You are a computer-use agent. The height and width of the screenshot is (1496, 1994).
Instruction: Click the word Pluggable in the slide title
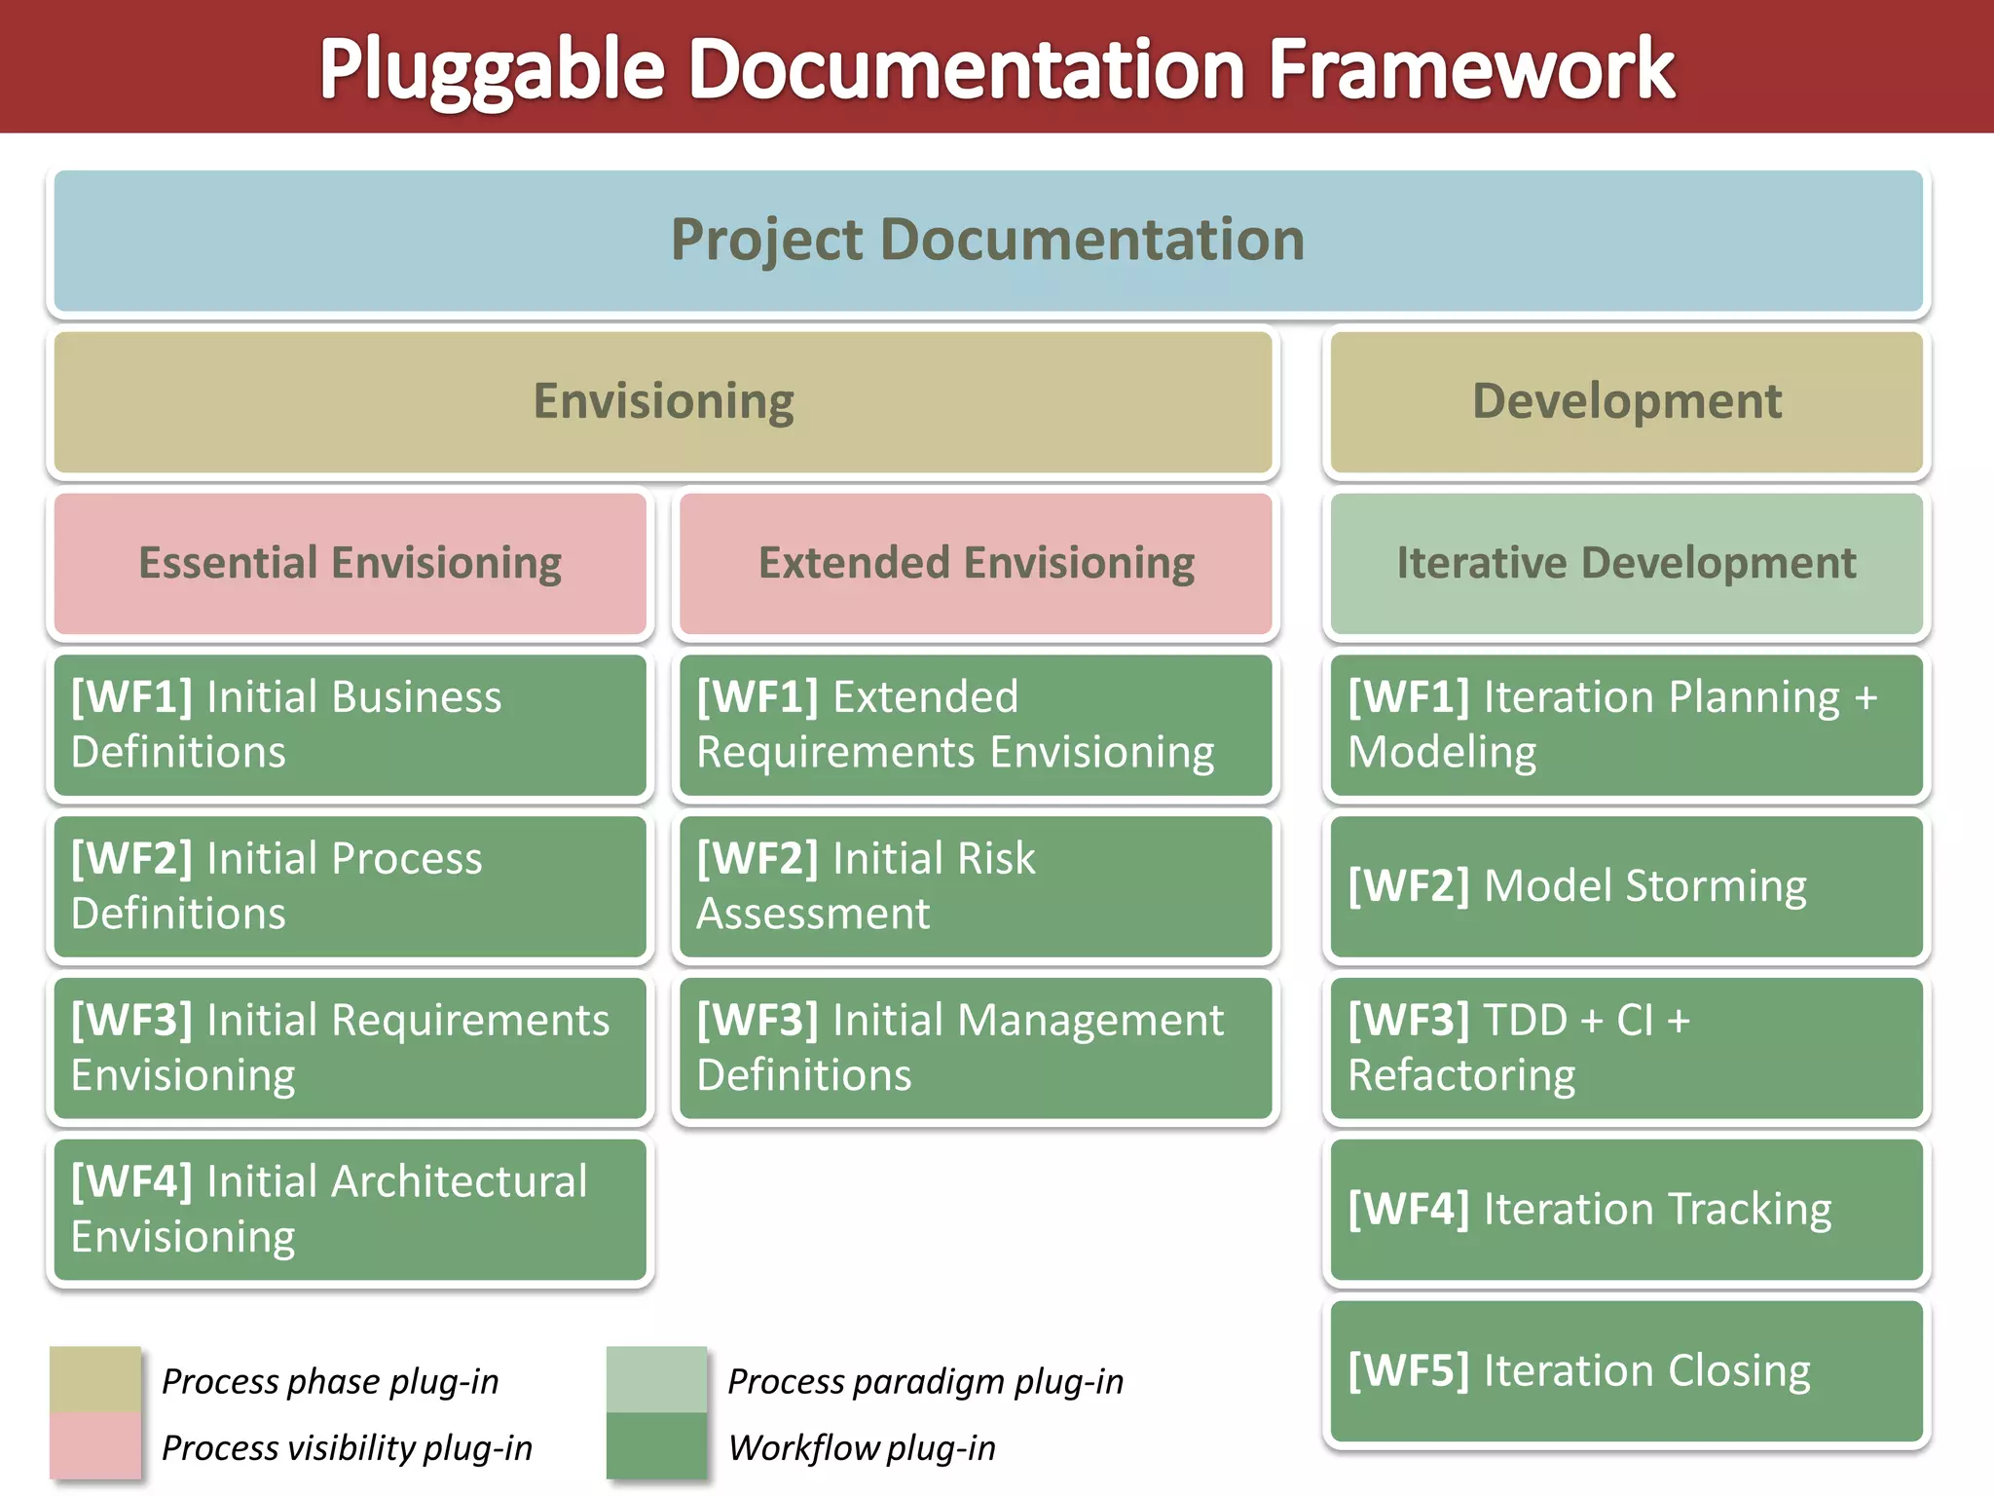(x=492, y=70)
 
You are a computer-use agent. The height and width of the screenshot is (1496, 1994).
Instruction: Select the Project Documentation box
(x=987, y=241)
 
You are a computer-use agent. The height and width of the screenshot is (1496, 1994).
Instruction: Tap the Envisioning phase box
(x=663, y=402)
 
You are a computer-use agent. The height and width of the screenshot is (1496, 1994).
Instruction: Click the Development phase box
(x=1626, y=402)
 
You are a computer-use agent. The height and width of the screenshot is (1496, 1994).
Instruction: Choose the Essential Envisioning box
(x=351, y=564)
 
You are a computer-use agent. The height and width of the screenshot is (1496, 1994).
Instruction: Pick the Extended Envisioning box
(x=976, y=564)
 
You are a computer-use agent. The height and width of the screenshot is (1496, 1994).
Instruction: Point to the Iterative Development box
(x=1626, y=564)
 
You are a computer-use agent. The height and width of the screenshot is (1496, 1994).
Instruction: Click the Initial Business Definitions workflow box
(x=351, y=725)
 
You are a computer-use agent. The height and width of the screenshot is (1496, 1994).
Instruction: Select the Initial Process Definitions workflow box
(x=351, y=886)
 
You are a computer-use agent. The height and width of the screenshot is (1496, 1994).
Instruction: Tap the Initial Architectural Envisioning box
(x=351, y=1210)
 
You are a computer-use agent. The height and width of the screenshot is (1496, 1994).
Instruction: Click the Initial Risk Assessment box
(x=976, y=886)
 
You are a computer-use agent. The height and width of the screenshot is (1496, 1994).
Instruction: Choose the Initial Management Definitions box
(x=976, y=1048)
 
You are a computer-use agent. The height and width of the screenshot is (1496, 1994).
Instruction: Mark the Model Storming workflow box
(x=1626, y=886)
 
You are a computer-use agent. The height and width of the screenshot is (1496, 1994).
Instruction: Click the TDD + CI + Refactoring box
(x=1626, y=1048)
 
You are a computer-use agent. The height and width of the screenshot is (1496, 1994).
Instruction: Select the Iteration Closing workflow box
(x=1626, y=1371)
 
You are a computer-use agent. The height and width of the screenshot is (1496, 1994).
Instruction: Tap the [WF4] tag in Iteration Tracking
(x=1409, y=1210)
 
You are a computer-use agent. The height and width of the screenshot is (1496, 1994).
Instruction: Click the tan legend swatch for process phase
(x=95, y=1379)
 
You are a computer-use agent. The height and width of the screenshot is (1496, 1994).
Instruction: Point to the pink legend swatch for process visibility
(x=95, y=1446)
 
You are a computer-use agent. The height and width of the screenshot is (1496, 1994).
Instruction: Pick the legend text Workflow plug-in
(x=862, y=1448)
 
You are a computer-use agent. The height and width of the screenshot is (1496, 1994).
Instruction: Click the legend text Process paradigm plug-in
(x=925, y=1382)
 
